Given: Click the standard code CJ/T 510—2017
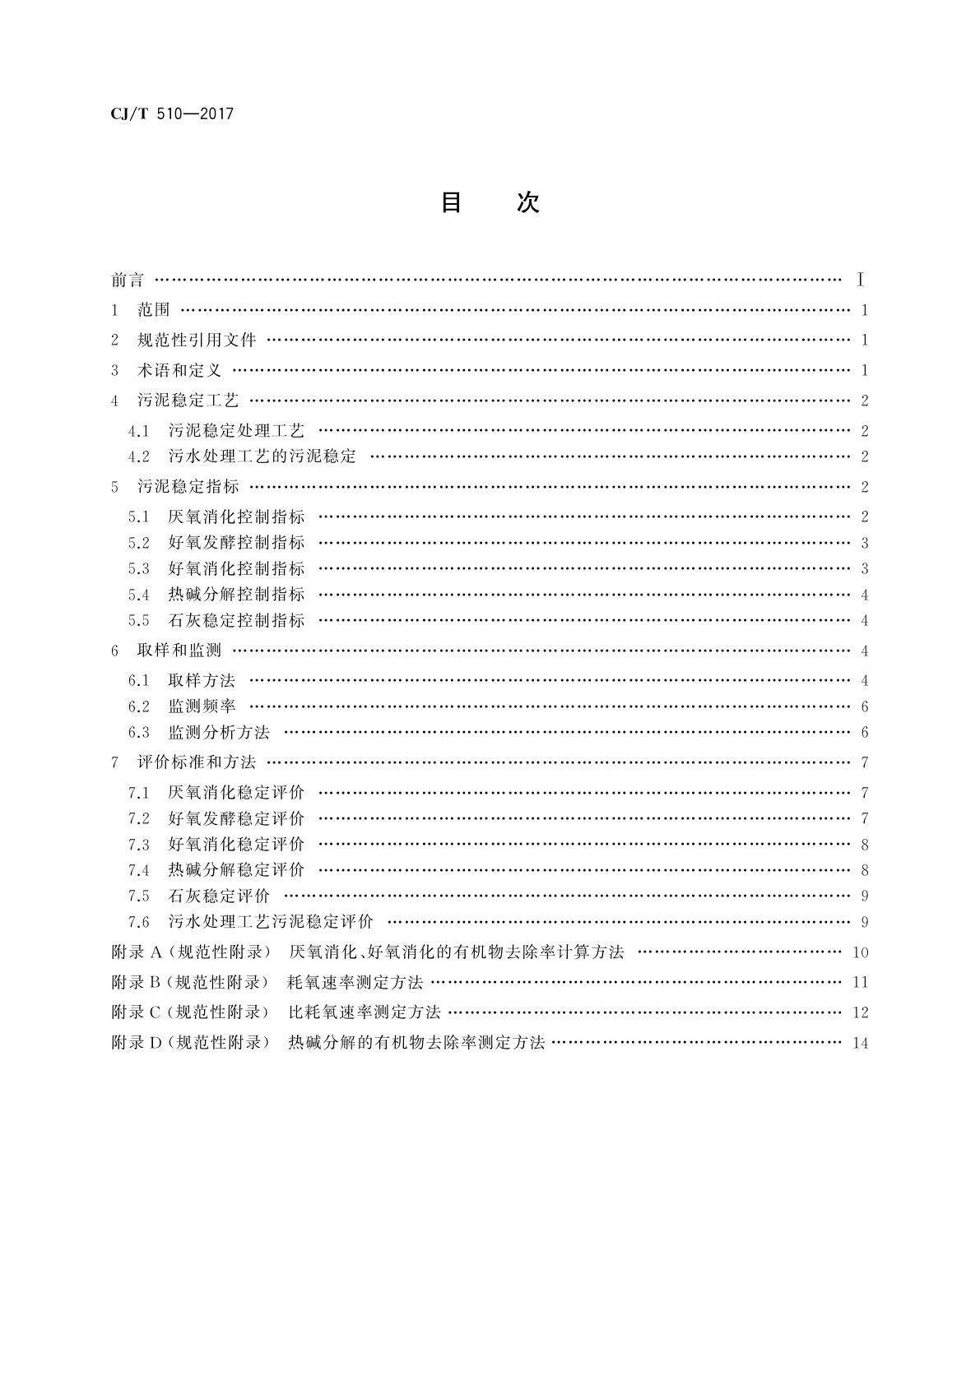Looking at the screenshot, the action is pos(172,114).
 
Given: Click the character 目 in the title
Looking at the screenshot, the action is pos(451,202).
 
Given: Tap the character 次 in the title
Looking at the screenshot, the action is pos(527,202).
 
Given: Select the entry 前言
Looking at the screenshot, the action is pos(128,280).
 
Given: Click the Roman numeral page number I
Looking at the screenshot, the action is pos(860,280).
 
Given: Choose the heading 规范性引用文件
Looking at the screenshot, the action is pos(197,340).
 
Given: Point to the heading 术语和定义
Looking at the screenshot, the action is pos(179,371).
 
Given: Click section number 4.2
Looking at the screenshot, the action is pos(139,456).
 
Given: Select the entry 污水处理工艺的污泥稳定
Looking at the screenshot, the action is pos(262,456).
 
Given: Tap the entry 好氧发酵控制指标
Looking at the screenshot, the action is pos(236,543).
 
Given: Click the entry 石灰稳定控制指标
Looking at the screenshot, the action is pos(236,621).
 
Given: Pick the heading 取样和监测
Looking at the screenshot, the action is pos(179,651).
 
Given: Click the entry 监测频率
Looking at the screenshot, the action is pos(202,706).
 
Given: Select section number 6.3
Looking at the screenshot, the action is pos(139,732).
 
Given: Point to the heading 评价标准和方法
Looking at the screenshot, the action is pos(197,762).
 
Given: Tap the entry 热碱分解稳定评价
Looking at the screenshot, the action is pos(236,870).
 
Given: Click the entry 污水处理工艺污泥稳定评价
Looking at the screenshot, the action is pos(271,922).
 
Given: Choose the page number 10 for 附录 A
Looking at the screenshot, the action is pos(861,953).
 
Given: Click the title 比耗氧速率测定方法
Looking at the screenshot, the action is pos(365,1012).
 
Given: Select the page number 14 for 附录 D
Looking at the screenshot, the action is pos(861,1044).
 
